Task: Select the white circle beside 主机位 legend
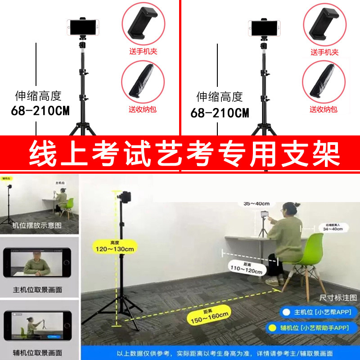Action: point(285,312)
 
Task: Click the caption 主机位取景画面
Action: point(37,290)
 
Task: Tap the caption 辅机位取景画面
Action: point(37,352)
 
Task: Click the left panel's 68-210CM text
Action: point(40,112)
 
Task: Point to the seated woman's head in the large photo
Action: point(288,209)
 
